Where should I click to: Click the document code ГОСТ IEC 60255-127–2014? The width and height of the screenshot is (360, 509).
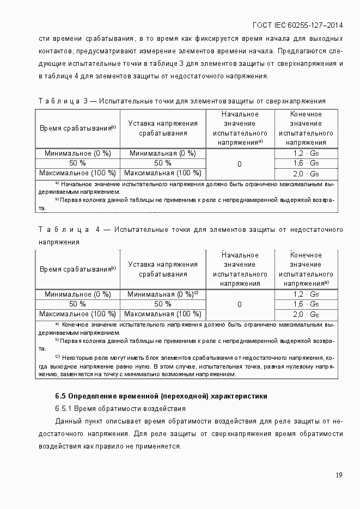298,25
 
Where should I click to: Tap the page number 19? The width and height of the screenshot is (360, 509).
339,475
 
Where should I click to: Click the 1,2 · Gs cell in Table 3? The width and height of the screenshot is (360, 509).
306,154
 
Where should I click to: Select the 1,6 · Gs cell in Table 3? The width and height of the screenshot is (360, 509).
306,163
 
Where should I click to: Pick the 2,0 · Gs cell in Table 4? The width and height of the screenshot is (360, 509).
306,315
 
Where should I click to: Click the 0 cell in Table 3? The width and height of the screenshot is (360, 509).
240,164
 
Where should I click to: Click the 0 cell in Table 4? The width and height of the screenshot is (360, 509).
240,304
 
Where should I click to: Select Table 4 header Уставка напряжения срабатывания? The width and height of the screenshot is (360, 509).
163,269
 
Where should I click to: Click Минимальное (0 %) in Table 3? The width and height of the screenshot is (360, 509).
77,154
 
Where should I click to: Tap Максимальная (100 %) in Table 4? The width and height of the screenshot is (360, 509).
163,314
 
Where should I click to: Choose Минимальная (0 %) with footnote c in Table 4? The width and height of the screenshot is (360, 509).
163,294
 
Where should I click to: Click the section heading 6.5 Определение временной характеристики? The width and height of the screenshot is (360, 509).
161,396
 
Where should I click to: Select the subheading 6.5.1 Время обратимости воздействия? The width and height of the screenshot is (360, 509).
120,408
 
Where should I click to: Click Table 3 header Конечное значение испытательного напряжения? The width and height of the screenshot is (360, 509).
306,128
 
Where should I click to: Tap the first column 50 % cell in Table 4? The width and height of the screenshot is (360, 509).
77,304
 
